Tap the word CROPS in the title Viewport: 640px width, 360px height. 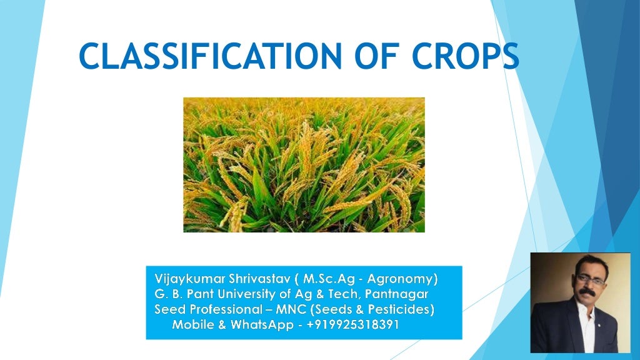click(x=466, y=56)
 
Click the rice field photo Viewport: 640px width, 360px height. click(x=304, y=164)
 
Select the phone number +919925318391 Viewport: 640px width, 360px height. click(x=352, y=324)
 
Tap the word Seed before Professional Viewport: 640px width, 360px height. click(x=168, y=309)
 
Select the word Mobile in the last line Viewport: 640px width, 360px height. click(x=192, y=324)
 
